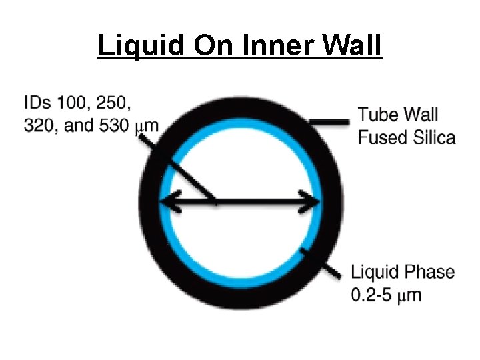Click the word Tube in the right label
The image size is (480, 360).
tap(378, 115)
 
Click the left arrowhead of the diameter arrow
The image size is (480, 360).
tap(168, 199)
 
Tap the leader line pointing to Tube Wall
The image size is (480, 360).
tap(330, 121)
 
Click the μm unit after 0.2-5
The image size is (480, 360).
tap(409, 295)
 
